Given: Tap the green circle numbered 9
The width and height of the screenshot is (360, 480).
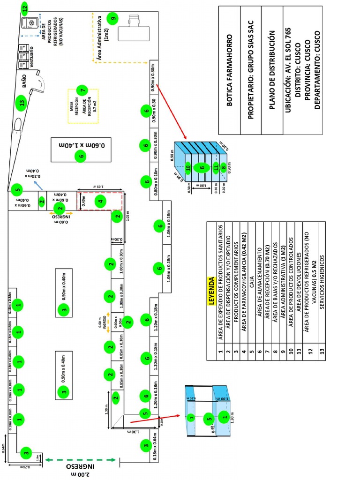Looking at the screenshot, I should [x=113, y=19].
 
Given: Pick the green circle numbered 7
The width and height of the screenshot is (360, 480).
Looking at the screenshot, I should [x=83, y=90].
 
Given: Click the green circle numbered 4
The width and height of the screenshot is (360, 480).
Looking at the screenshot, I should [x=99, y=202].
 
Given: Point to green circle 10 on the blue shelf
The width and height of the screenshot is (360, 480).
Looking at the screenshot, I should [x=188, y=167].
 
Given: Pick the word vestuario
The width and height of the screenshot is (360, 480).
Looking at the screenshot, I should [x=31, y=57].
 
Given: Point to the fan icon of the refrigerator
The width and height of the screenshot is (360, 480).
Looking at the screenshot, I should [x=32, y=22].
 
